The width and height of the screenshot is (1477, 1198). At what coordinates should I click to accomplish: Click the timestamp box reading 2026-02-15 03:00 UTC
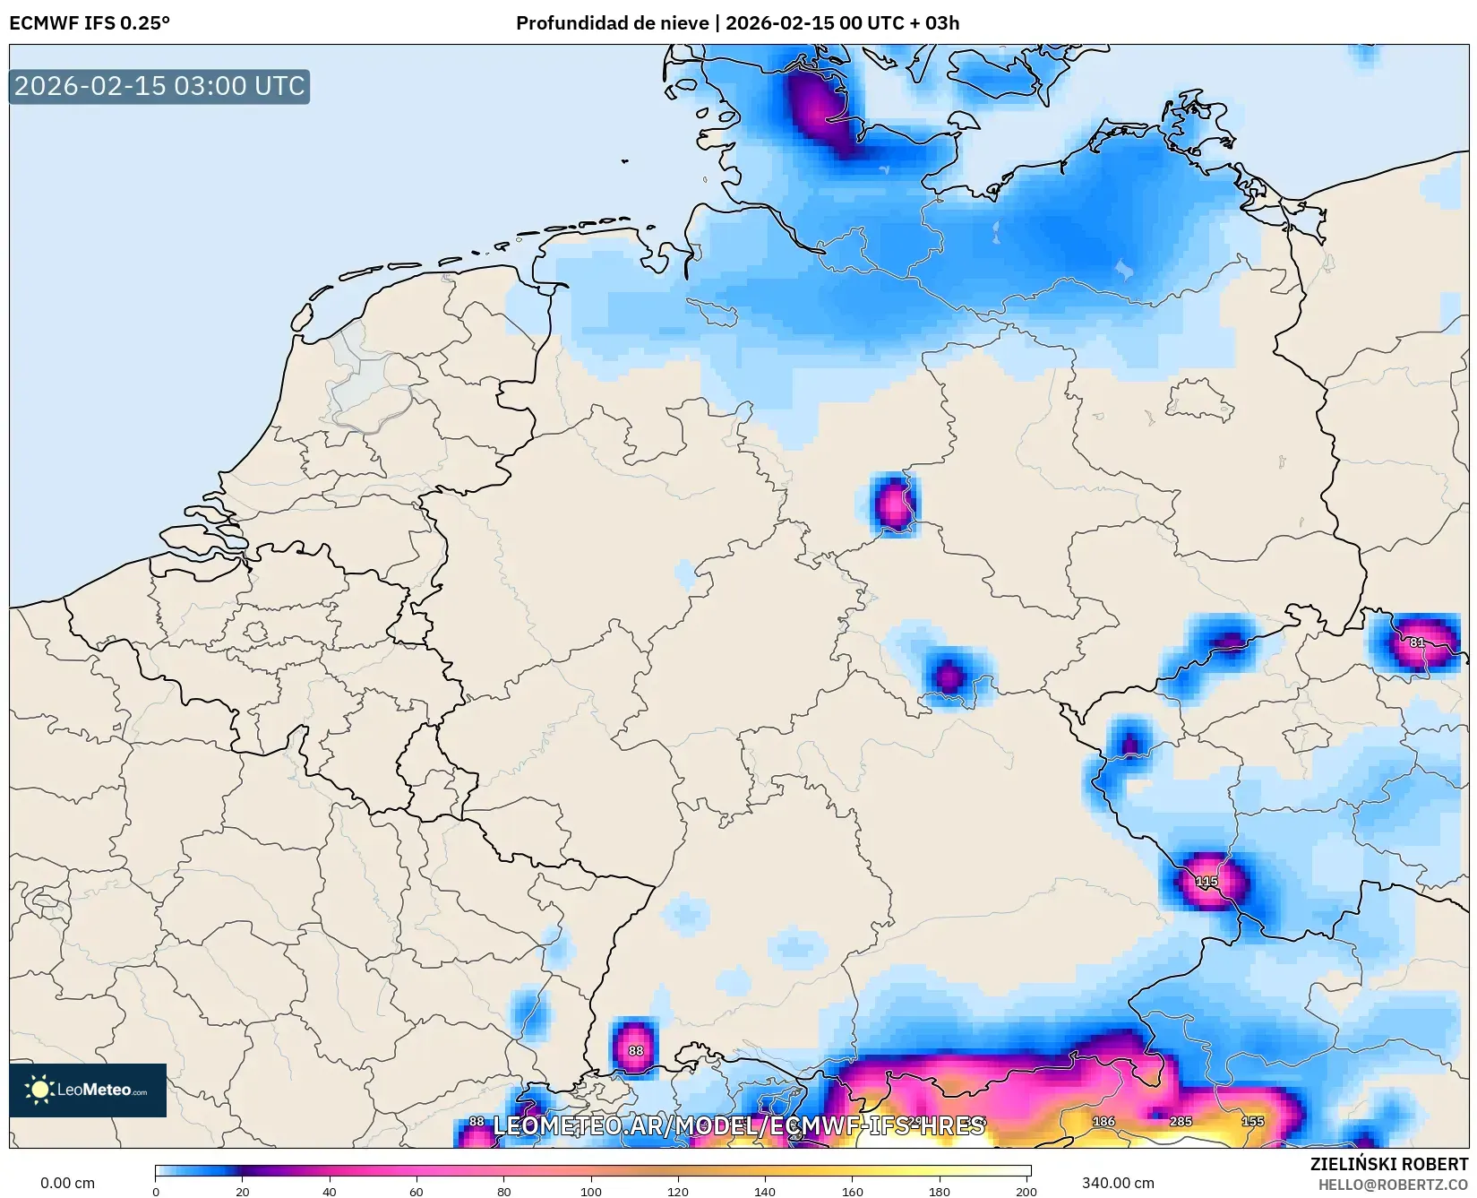pyautogui.click(x=159, y=86)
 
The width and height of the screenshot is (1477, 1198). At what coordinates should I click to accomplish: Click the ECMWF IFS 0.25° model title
pyautogui.click(x=90, y=23)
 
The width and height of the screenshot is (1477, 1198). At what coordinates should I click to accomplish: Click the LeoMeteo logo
pyautogui.click(x=88, y=1090)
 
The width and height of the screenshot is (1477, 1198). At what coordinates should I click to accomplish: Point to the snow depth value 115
pyautogui.click(x=1207, y=882)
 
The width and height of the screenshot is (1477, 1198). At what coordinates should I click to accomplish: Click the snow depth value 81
pyautogui.click(x=1417, y=642)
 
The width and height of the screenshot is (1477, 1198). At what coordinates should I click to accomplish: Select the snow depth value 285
pyautogui.click(x=1181, y=1121)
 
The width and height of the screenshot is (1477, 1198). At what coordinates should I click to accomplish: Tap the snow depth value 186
pyautogui.click(x=1103, y=1121)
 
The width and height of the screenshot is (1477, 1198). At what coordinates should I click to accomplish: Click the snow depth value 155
pyautogui.click(x=1252, y=1121)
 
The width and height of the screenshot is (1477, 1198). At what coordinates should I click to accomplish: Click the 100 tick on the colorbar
pyautogui.click(x=591, y=1191)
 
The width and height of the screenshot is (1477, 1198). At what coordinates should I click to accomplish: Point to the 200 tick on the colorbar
pyautogui.click(x=1026, y=1191)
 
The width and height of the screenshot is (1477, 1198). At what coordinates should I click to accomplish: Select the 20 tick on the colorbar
pyautogui.click(x=243, y=1191)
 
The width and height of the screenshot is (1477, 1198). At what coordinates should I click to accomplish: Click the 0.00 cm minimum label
pyautogui.click(x=68, y=1183)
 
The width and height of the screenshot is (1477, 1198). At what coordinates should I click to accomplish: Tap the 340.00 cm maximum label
pyautogui.click(x=1118, y=1183)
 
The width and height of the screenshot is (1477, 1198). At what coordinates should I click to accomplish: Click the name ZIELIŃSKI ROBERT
pyautogui.click(x=1389, y=1164)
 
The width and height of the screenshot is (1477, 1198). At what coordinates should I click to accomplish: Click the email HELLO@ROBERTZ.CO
pyautogui.click(x=1393, y=1185)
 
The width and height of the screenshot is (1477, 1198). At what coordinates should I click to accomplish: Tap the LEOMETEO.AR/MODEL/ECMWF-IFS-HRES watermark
pyautogui.click(x=739, y=1125)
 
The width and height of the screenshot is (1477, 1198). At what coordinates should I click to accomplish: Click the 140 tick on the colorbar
pyautogui.click(x=765, y=1191)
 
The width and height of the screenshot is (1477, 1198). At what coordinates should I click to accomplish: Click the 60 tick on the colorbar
pyautogui.click(x=416, y=1191)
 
